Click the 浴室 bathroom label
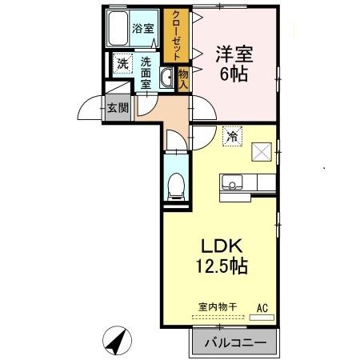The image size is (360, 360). (145, 26)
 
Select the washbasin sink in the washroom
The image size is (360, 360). (167, 78)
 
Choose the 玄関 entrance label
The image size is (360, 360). (118, 108)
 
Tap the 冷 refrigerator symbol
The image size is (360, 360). (232, 138)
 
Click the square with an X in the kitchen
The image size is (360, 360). (262, 150)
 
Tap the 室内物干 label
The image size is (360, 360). (218, 306)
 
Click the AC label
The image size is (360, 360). (262, 306)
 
